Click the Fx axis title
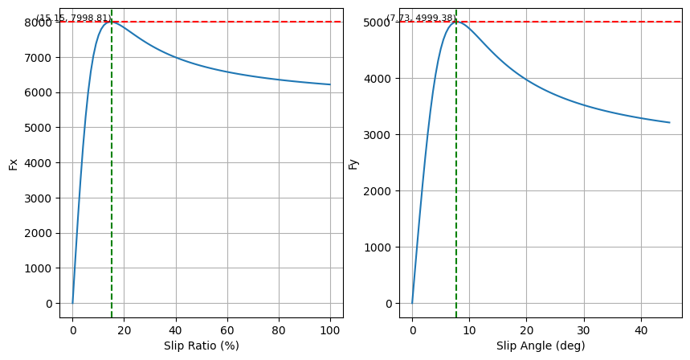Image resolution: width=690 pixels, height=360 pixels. pos(13,164)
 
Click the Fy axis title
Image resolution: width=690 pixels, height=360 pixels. pos(353,164)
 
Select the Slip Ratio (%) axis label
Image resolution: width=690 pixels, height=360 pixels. pos(201,346)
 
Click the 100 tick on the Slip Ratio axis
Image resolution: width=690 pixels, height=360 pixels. pos(330,329)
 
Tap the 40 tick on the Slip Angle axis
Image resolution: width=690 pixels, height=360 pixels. pos(641,329)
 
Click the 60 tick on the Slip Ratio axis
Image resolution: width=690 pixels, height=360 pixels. pos(227,329)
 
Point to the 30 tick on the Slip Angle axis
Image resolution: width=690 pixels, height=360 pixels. pos(584,329)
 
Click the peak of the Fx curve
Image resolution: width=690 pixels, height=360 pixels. pos(112,22)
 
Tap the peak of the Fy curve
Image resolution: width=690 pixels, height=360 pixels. pos(456,22)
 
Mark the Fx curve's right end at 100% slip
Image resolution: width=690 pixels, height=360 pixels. pos(330,84)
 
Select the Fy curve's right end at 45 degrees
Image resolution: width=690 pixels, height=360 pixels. pos(669,123)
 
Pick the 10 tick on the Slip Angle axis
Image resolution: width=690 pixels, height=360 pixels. pos(469,329)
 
